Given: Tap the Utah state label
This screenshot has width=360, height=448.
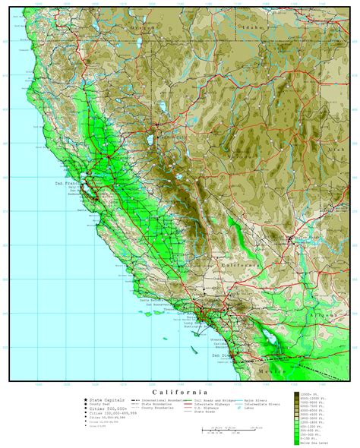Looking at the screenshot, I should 331,152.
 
